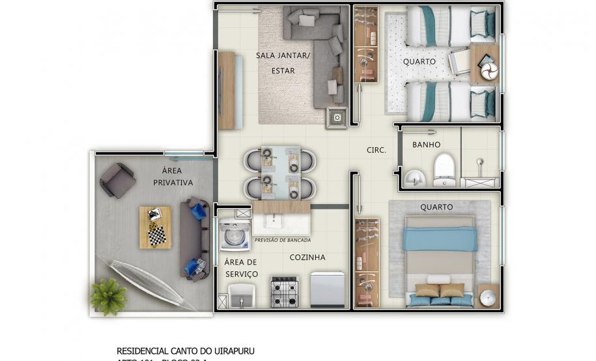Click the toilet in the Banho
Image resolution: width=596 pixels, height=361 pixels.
click(444, 168)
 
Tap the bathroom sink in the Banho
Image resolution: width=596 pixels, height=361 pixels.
click(413, 177)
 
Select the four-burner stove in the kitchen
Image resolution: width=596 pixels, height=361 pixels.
click(284, 291)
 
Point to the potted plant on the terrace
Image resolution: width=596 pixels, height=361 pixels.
click(108, 295)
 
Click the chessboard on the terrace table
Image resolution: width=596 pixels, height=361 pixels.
click(156, 235)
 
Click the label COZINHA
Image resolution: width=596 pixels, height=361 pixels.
click(307, 258)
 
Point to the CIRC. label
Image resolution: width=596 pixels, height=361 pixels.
click(376, 150)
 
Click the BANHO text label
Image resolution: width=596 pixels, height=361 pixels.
click(426, 144)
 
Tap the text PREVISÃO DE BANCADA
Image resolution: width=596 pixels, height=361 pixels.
click(282, 240)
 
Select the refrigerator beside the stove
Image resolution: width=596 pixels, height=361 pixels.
click(327, 289)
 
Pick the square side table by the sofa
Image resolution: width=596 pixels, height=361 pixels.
click(337, 118)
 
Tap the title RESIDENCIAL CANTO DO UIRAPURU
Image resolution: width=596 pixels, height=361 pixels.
click(185, 351)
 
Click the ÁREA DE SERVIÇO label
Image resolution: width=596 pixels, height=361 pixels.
click(241, 268)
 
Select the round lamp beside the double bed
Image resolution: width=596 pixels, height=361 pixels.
click(488, 297)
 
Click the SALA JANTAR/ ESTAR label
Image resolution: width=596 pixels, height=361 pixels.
click(283, 63)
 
